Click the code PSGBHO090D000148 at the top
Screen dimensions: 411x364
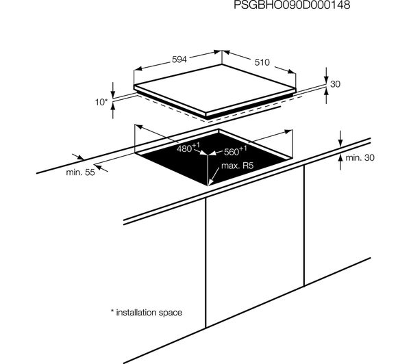coord(292,5)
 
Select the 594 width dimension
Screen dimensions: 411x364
coord(179,60)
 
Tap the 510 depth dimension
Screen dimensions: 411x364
coord(262,62)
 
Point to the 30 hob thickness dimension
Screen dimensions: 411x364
coord(335,84)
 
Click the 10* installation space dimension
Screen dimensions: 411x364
coord(101,102)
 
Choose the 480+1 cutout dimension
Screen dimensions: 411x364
coord(188,148)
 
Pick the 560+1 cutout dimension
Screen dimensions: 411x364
coord(235,151)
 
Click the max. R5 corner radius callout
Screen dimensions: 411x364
coord(238,166)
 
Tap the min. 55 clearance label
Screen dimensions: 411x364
coord(80,172)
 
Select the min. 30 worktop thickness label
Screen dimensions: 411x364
coord(360,157)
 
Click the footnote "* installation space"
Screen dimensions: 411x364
coord(147,313)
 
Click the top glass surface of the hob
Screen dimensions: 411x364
coord(214,88)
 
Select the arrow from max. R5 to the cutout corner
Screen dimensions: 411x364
coord(214,177)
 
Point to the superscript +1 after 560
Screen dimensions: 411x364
coord(243,148)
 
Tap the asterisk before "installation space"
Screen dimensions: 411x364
coord(112,311)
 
